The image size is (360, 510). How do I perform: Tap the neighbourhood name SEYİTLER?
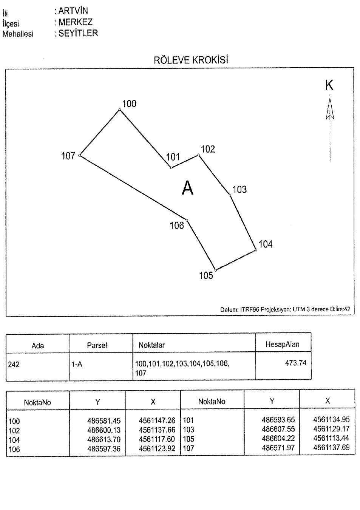[78, 33]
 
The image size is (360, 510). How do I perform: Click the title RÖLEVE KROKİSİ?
[191, 60]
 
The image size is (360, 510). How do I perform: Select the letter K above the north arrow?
[329, 86]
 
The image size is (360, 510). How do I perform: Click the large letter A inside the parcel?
[188, 188]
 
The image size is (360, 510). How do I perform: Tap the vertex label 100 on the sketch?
[129, 104]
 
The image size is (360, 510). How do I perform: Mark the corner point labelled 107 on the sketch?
[80, 156]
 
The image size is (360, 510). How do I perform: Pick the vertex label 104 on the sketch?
[265, 244]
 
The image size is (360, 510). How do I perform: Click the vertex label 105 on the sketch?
[206, 276]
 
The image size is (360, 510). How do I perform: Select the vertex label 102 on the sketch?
[208, 149]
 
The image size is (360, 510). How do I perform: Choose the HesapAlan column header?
[283, 344]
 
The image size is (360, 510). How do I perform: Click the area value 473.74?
[295, 363]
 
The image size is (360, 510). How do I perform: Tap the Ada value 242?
[14, 365]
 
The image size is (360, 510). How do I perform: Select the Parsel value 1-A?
[77, 365]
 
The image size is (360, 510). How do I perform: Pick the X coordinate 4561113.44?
[331, 439]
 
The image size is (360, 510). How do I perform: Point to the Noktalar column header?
[151, 345]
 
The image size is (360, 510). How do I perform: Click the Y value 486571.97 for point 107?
[278, 448]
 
